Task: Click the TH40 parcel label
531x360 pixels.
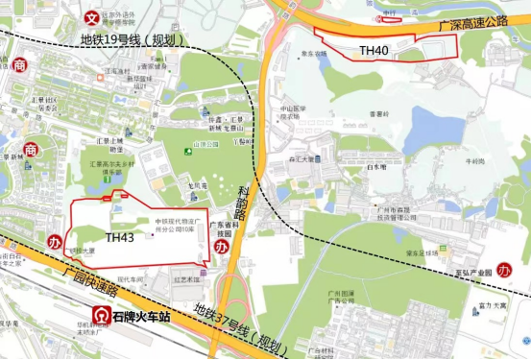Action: pos(374,48)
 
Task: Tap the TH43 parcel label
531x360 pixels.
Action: pos(120,236)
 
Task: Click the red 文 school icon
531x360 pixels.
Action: pos(92,16)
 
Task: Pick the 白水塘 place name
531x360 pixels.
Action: pos(375,166)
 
